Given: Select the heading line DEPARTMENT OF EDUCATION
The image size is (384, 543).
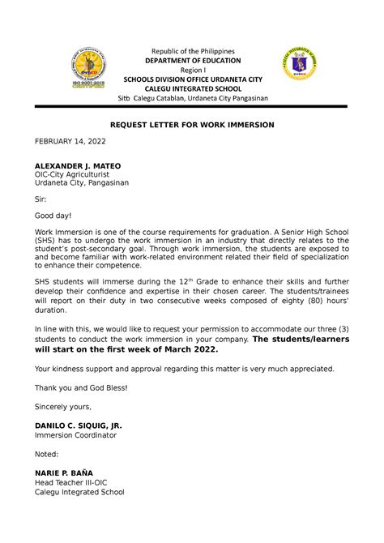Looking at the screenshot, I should tap(193, 60).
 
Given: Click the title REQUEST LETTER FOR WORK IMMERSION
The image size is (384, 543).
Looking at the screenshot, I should tap(193, 125).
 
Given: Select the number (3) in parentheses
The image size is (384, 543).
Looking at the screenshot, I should tap(345, 330).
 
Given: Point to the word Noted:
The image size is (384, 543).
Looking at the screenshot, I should tap(49, 455).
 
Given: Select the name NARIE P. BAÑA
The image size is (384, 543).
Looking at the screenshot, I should tap(64, 473).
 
